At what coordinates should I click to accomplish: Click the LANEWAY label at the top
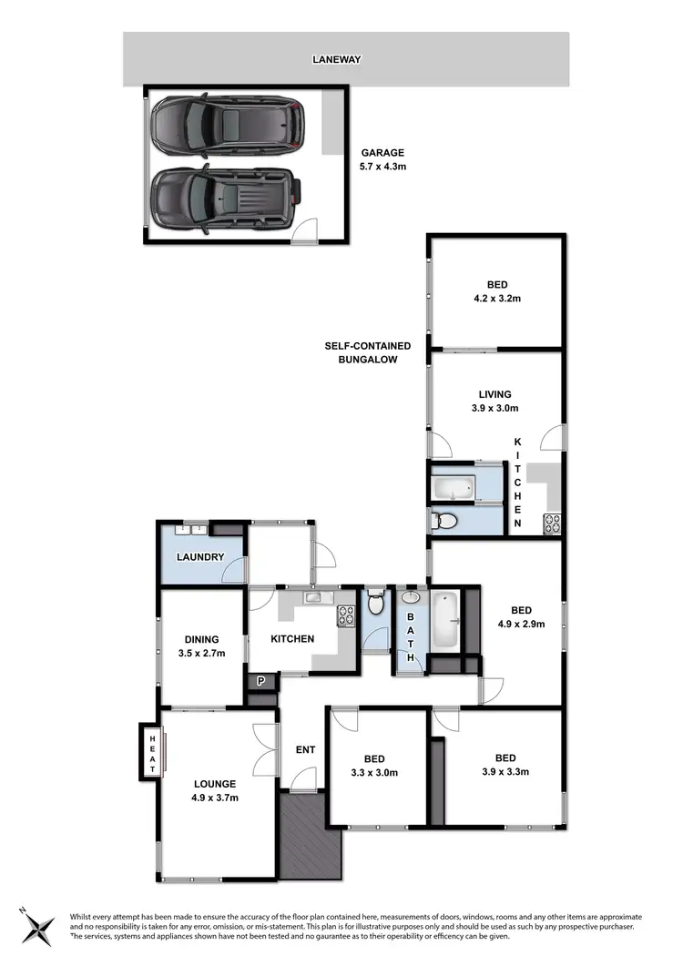click(x=337, y=60)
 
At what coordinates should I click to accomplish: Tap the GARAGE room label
click(x=382, y=153)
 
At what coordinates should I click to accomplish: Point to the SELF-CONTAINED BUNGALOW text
click(x=368, y=352)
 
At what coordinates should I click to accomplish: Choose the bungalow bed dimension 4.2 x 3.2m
click(x=495, y=298)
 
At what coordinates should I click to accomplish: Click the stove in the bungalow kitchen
click(x=552, y=523)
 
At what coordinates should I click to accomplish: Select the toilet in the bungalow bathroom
click(x=445, y=521)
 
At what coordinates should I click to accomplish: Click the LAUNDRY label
click(x=200, y=556)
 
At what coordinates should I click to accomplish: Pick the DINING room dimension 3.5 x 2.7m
click(x=201, y=654)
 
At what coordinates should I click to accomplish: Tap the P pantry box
click(x=261, y=679)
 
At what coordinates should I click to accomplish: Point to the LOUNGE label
click(x=215, y=784)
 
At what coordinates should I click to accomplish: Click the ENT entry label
click(x=305, y=750)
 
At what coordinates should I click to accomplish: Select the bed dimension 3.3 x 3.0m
click(x=374, y=773)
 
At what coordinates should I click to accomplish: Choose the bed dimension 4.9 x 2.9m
click(x=521, y=625)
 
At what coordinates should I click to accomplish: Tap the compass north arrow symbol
click(x=40, y=926)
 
